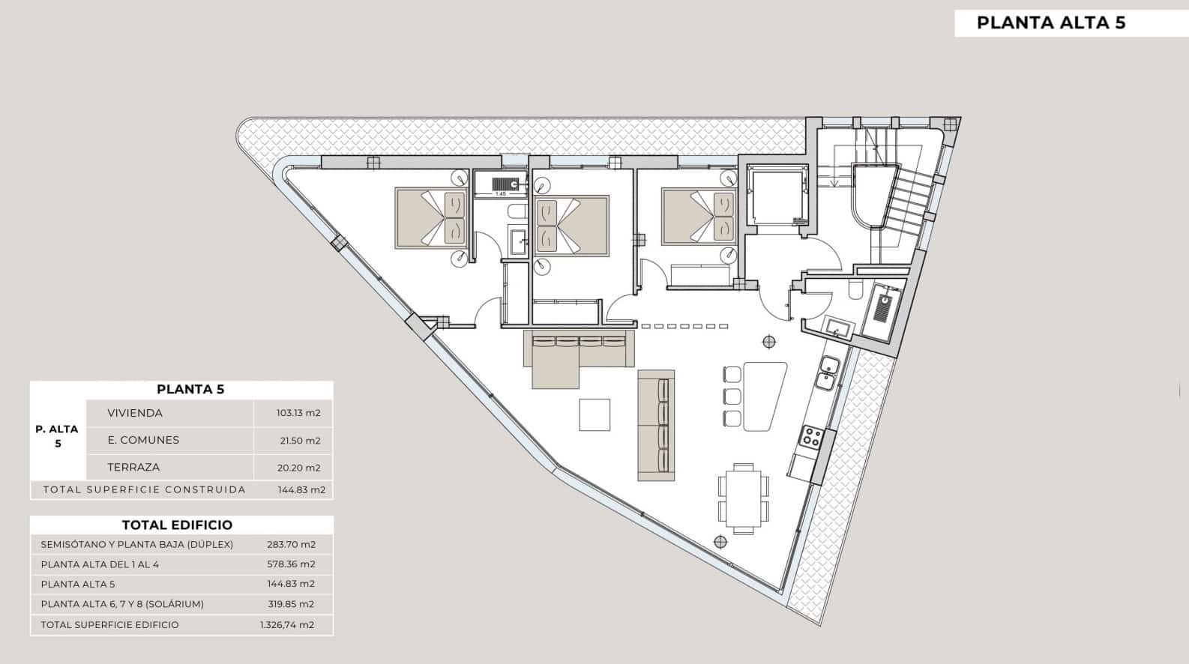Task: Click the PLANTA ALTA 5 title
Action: (1051, 22)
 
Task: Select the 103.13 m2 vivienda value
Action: (298, 413)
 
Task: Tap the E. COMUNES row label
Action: (143, 440)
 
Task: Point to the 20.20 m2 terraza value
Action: (299, 468)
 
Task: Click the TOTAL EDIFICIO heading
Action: (177, 525)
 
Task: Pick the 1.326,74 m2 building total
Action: (287, 625)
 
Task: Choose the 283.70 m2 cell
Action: (292, 545)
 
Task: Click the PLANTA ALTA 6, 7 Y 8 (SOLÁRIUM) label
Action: (122, 604)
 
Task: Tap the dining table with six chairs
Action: (743, 498)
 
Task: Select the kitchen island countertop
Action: (762, 396)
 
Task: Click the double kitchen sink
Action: (828, 373)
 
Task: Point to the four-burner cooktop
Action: (812, 437)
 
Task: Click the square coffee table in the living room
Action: (594, 414)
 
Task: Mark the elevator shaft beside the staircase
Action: (777, 195)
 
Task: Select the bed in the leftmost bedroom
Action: (431, 217)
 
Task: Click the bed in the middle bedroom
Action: (571, 226)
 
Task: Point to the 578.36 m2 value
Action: (292, 564)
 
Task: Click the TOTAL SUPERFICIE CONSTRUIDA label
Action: (145, 489)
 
